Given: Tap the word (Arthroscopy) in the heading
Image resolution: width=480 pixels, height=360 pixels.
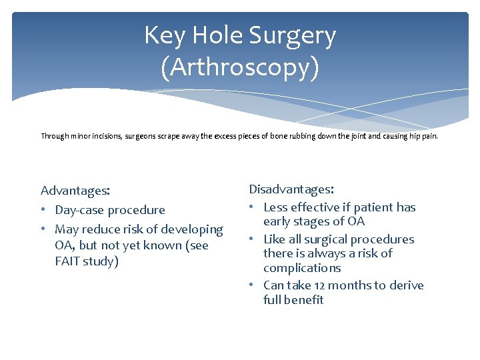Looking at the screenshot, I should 240,67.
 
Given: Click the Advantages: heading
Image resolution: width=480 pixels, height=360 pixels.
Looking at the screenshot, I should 75,191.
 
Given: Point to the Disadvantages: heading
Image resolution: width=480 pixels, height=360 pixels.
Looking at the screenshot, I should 292,191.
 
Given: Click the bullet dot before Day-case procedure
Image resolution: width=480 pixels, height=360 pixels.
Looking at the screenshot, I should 45,210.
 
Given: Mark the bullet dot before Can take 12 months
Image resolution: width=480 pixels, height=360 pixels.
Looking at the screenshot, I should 253,285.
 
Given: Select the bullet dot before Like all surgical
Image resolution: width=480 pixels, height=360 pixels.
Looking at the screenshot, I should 253,239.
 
